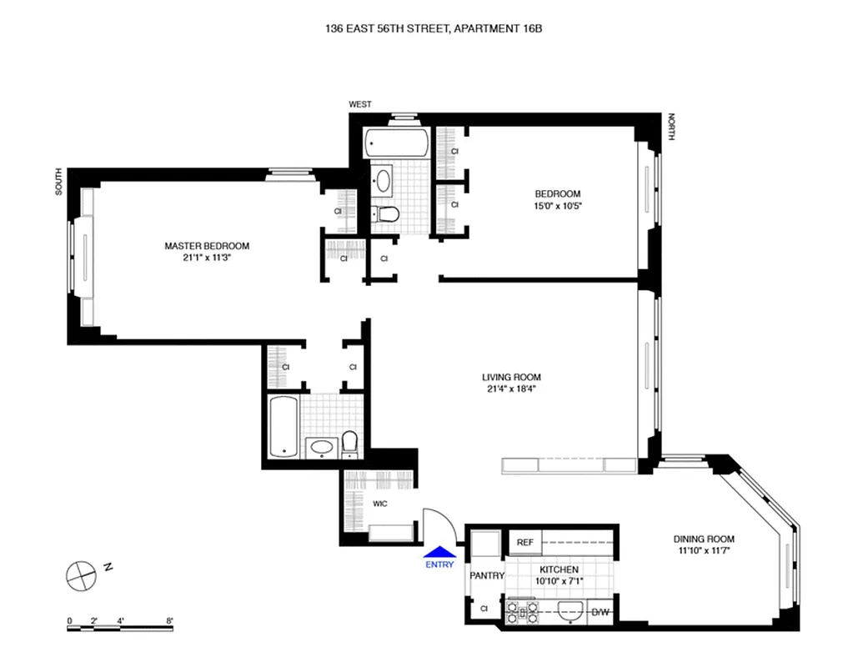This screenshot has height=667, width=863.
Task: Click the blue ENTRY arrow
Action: pyautogui.click(x=439, y=551)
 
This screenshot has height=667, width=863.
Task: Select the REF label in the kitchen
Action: pyautogui.click(x=524, y=543)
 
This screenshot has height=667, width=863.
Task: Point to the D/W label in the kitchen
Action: pyautogui.click(x=600, y=613)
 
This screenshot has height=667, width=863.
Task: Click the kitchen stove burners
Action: pyautogui.click(x=522, y=613)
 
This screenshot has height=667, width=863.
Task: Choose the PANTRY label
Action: pyautogui.click(x=486, y=575)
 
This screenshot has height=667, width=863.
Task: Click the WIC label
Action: pyautogui.click(x=379, y=504)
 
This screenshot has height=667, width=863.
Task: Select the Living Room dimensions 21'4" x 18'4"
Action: pyautogui.click(x=511, y=389)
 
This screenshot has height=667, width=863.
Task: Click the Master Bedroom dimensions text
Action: pyautogui.click(x=207, y=258)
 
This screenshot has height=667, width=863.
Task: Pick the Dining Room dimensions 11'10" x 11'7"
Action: pyautogui.click(x=705, y=550)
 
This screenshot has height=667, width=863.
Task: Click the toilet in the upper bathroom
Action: pyautogui.click(x=387, y=214)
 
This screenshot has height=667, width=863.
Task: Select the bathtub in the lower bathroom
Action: pyautogui.click(x=283, y=427)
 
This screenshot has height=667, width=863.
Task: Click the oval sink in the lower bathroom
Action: pyautogui.click(x=321, y=448)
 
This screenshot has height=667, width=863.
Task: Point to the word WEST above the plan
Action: pyautogui.click(x=360, y=104)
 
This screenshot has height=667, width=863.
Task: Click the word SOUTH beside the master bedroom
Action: pyautogui.click(x=59, y=181)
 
